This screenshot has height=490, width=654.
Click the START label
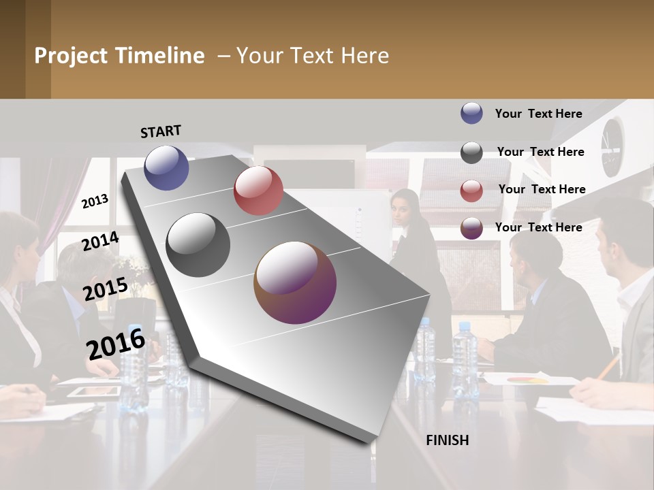coord(161,131)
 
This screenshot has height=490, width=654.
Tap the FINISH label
coord(447,440)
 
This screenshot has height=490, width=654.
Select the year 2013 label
coord(95,201)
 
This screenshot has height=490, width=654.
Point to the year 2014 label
coord(100,241)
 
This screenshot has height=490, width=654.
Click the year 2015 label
coord(105,289)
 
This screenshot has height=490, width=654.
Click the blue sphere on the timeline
coord(166,167)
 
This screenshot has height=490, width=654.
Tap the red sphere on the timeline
coord(258,191)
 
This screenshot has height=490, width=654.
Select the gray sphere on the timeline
coord(198,245)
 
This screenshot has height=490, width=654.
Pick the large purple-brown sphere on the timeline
coord(295,282)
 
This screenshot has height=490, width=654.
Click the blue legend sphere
coord(471,114)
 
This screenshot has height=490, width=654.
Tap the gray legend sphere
coord(471,152)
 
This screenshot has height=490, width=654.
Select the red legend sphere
coord(471,191)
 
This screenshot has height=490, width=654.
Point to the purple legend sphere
coord(471,229)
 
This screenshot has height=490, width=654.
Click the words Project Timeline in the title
coord(119,56)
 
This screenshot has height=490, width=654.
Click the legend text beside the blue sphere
coord(538,114)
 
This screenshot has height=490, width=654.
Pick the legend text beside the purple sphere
coord(538,227)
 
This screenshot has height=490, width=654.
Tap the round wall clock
coord(612,146)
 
